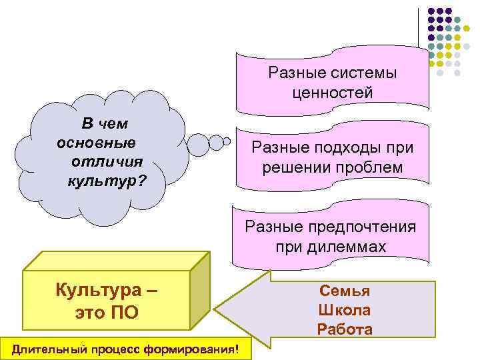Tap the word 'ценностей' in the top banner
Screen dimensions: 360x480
pos(332,93)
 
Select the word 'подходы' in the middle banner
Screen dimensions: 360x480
pos(343,148)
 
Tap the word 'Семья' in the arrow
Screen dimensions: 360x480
pos(344,291)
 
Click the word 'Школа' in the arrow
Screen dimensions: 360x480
pos(344,310)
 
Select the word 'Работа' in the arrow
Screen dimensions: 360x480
pos(344,329)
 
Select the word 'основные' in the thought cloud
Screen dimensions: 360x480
pos(97,143)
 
